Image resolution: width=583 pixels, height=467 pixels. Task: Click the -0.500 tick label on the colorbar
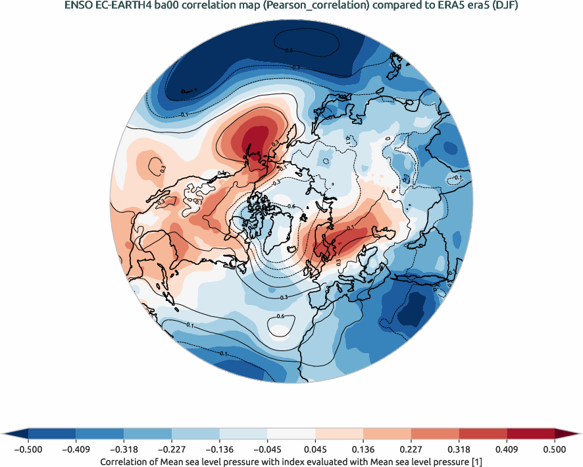pyautogui.click(x=28, y=449)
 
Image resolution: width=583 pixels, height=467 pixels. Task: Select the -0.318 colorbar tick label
pyautogui.click(x=124, y=449)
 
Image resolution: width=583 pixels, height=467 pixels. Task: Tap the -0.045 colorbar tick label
pyautogui.click(x=267, y=449)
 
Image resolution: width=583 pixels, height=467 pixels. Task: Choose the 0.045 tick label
pyautogui.click(x=315, y=449)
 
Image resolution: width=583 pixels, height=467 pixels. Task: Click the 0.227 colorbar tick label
pyautogui.click(x=411, y=449)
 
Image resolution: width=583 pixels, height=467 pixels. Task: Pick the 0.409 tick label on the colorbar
pyautogui.click(x=507, y=449)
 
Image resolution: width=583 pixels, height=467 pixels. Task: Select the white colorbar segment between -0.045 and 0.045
pyautogui.click(x=291, y=433)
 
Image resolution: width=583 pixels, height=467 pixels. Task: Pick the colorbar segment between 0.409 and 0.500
pyautogui.click(x=530, y=433)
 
